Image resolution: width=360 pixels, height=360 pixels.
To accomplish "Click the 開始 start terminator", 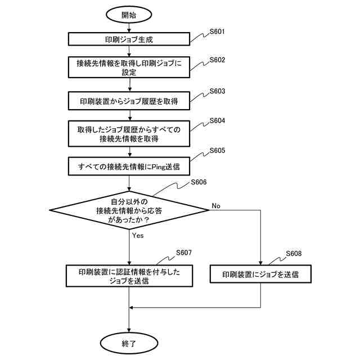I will coord(129,15).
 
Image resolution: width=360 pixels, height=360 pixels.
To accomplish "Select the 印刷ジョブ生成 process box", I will coord(129,40).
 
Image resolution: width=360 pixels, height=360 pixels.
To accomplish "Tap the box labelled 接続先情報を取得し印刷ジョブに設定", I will coord(129,68).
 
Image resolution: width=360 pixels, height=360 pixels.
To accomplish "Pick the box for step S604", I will coord(129,134).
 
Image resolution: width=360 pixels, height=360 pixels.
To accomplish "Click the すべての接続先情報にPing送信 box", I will coord(129,167).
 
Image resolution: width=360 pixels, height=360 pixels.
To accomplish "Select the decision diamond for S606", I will coord(129,209).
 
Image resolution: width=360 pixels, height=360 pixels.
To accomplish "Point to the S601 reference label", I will coord(217,31).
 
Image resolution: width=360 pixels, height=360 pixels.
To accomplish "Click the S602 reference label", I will coord(217,60).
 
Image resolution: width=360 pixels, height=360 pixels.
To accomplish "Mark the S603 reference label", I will coord(217,91).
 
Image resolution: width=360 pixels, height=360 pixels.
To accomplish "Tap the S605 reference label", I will coord(217,151).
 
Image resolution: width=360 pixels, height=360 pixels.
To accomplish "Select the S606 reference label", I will coord(199,182).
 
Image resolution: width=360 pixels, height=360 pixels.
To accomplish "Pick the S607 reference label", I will coord(184,252).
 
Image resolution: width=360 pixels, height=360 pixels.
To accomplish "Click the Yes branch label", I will coord(138,236).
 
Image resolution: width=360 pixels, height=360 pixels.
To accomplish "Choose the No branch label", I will coord(215,206).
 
